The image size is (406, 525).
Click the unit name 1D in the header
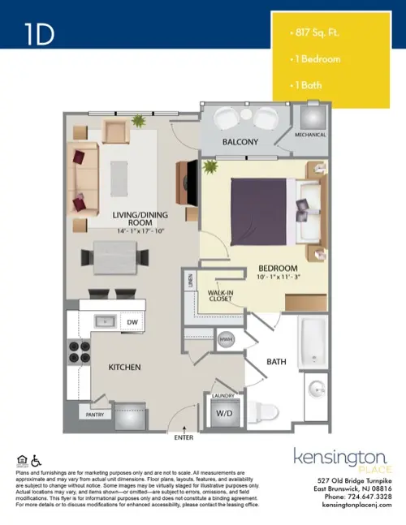pos(40,35)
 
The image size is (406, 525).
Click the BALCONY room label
pos(240,142)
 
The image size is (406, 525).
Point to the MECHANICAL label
pos(310,135)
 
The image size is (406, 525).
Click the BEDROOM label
pos(278,268)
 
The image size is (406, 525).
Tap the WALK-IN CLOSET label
pos(220,295)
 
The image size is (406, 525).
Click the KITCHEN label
pos(126,367)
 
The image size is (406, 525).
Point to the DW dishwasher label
pos(132,321)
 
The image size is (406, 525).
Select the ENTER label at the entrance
pos(184,437)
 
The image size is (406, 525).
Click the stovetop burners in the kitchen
pos(78,351)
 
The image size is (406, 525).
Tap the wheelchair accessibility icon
pos(35,462)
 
